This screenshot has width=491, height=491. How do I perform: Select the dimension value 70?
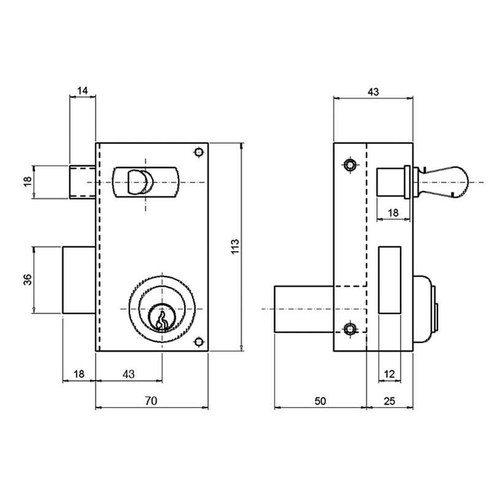click(x=151, y=401)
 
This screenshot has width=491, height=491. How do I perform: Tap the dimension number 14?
click(x=83, y=91)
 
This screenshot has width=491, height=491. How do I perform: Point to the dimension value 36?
click(x=27, y=280)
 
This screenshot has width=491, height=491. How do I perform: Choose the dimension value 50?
click(x=320, y=401)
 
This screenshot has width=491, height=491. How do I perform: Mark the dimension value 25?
click(x=390, y=401)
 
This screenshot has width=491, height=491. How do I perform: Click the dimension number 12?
click(x=390, y=374)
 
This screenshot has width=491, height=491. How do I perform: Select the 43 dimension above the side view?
click(x=373, y=91)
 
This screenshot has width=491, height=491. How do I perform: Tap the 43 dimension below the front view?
click(x=129, y=374)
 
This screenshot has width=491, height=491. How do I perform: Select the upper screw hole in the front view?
click(x=198, y=152)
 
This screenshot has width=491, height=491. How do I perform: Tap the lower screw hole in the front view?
click(x=198, y=342)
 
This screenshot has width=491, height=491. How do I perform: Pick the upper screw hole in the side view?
click(x=350, y=164)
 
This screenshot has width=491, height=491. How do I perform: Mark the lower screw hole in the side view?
click(x=350, y=330)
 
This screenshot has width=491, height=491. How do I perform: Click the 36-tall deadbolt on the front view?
click(x=79, y=280)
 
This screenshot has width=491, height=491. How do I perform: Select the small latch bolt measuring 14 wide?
click(x=83, y=182)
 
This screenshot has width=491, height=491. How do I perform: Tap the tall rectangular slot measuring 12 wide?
click(x=390, y=279)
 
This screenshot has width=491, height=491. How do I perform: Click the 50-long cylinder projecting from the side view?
click(x=304, y=308)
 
